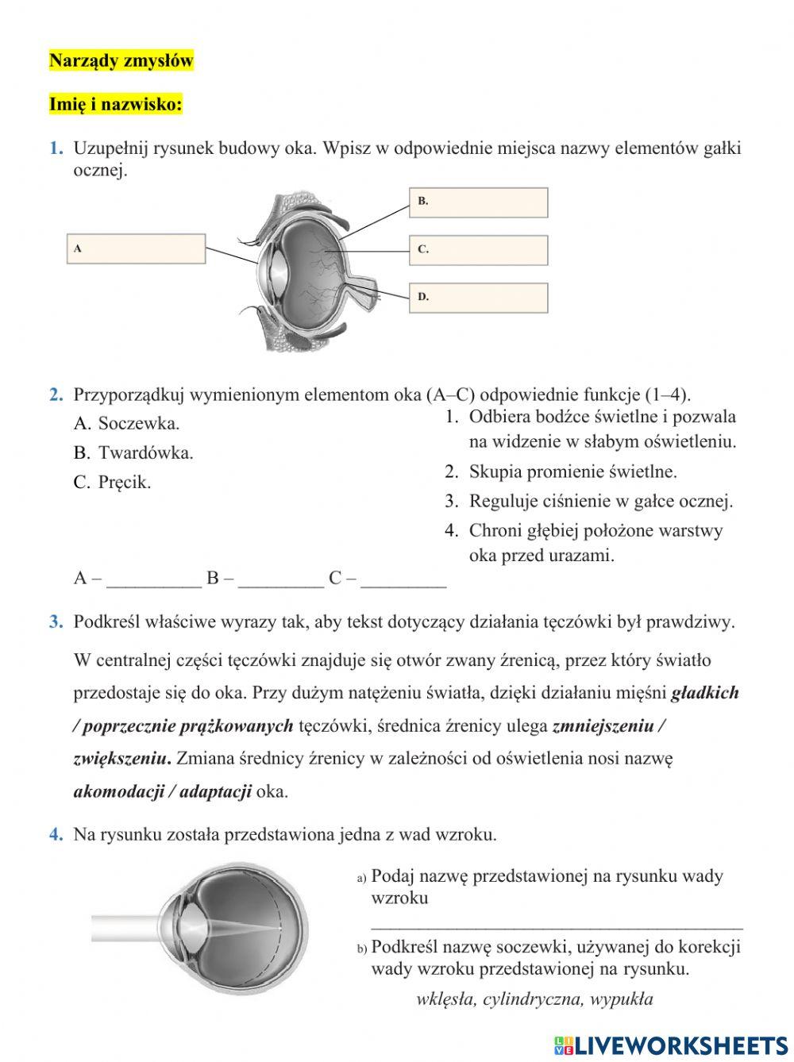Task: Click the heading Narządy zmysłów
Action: coord(121,61)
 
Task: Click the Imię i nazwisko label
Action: coord(116,104)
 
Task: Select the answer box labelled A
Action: coord(136,248)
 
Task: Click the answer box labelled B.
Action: coord(479,202)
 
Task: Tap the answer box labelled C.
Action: coord(479,250)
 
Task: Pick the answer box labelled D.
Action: coord(479,298)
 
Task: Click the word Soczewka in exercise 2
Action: coord(139,423)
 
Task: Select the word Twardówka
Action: coord(145,453)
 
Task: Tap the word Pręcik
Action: coord(125,483)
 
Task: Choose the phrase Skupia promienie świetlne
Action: coord(572,472)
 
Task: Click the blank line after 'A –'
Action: coord(154,580)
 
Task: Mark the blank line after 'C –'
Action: coord(403,580)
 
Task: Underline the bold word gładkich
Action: coord(705,693)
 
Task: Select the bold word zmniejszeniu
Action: coord(603,725)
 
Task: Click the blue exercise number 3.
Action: coord(56,621)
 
